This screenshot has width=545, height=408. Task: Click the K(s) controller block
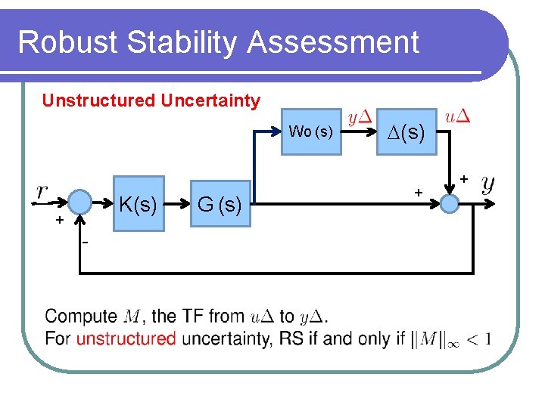tap(139, 203)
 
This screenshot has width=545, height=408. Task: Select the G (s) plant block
tap(220, 203)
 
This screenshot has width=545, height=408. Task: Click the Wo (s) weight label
tap(310, 132)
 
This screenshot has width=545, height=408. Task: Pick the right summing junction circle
tap(450, 202)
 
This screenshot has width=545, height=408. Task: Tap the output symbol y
tap(489, 183)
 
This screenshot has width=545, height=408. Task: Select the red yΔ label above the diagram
tap(359, 118)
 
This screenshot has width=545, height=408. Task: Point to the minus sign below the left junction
tap(86, 242)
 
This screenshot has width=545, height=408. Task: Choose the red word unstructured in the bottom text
tap(126, 338)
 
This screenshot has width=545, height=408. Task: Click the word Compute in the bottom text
tap(80, 317)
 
